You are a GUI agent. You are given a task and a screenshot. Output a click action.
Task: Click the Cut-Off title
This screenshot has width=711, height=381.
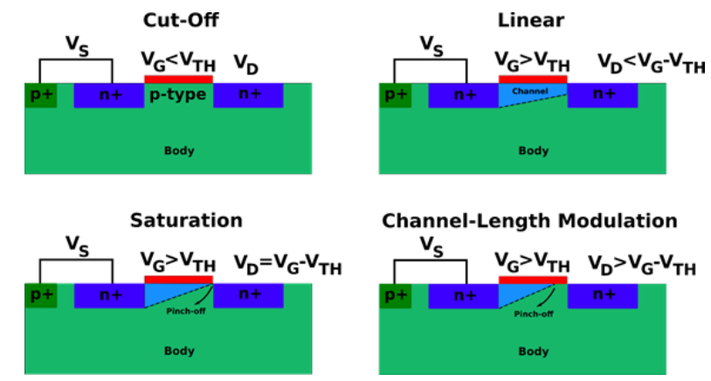[x=182, y=18]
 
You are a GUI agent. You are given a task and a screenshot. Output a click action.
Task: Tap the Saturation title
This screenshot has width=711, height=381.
[x=186, y=220]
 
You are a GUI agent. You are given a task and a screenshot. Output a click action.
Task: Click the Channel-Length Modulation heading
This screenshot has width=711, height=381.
[x=529, y=220]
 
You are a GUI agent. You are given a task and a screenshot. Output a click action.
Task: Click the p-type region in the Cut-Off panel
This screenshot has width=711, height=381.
[x=178, y=94]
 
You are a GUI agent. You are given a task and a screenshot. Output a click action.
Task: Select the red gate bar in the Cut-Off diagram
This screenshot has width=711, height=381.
[x=178, y=80]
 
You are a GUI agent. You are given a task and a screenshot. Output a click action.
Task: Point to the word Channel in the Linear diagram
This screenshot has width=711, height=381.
[x=529, y=91]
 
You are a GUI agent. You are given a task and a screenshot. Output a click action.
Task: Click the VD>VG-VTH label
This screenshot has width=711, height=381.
[x=643, y=265]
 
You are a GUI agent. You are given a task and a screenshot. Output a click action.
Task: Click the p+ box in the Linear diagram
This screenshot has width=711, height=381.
[x=394, y=94]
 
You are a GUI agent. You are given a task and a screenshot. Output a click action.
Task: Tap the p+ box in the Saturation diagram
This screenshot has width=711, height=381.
[x=40, y=295]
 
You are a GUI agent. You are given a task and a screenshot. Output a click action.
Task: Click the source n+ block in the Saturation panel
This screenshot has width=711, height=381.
[x=108, y=295]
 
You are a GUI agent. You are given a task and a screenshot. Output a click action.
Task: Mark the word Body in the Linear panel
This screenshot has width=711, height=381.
[x=534, y=150]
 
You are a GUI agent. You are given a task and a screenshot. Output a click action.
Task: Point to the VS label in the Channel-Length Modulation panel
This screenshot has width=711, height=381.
[x=431, y=244]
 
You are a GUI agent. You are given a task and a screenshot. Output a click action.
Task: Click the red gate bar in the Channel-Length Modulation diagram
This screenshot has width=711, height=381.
[x=532, y=280]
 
